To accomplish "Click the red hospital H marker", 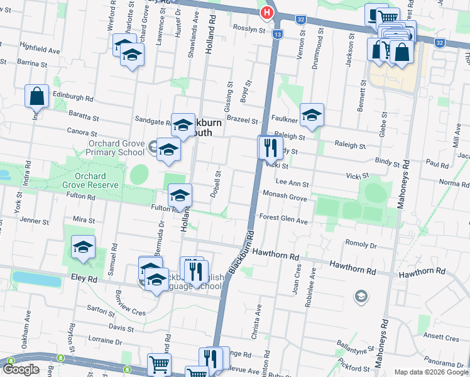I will [267, 13].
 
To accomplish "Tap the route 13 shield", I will [277, 34].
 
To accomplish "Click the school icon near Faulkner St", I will [311, 115].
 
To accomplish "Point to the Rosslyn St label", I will [249, 29].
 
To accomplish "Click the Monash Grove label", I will [285, 197].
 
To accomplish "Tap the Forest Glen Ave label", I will [283, 221].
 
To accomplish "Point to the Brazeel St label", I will [243, 119].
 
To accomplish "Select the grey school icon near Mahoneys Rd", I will [361, 295].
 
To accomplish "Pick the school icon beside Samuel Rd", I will [82, 248].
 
